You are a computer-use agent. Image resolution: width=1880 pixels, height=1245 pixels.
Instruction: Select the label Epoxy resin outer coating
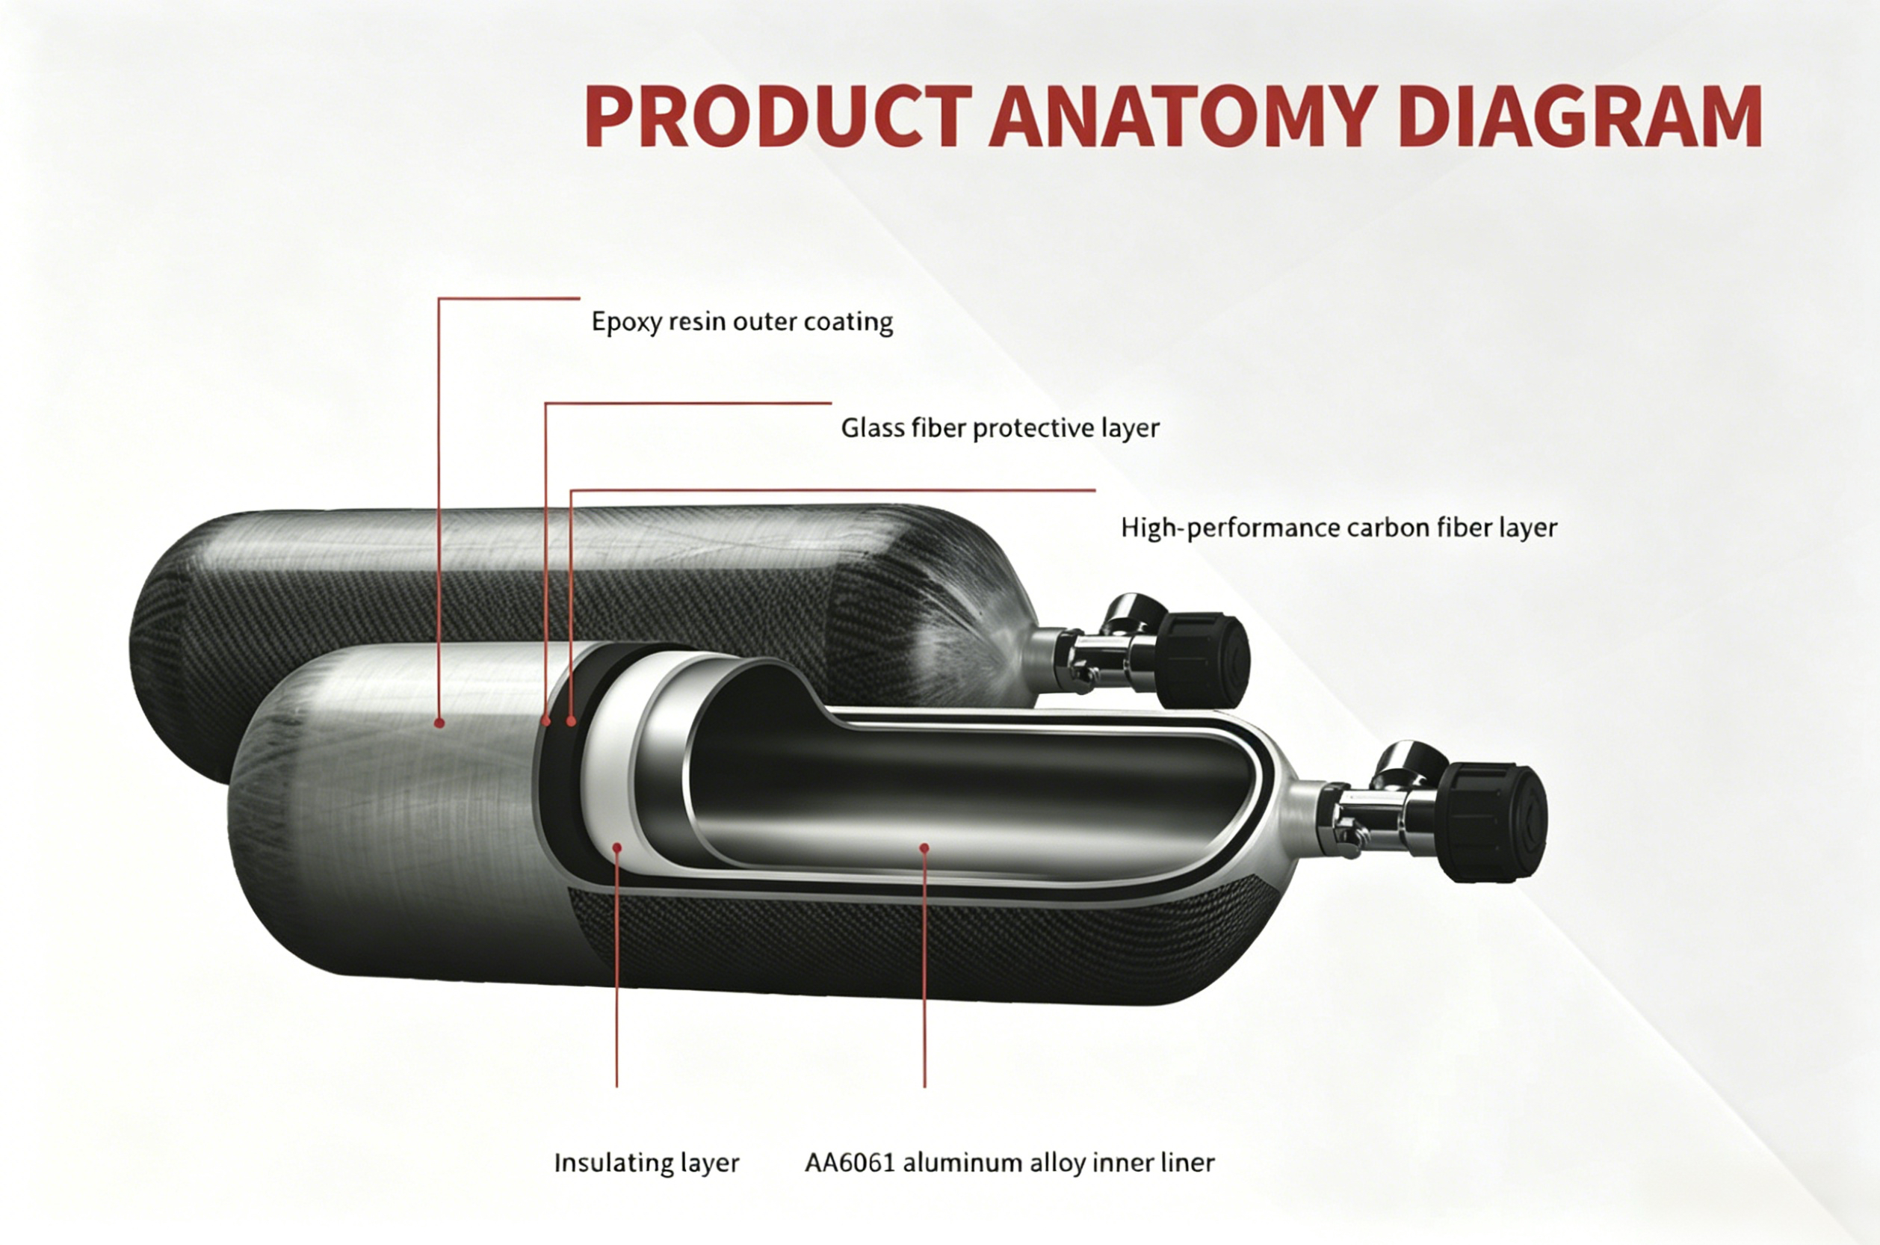[742, 322]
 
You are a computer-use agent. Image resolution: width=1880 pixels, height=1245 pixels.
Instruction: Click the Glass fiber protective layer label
[1001, 429]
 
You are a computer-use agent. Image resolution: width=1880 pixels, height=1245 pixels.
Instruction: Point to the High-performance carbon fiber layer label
[1339, 528]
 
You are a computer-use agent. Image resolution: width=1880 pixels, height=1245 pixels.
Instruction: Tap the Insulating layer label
[646, 1164]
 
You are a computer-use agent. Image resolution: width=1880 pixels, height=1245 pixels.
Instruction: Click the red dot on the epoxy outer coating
[438, 723]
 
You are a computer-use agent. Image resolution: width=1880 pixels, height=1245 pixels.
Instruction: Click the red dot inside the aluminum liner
[924, 848]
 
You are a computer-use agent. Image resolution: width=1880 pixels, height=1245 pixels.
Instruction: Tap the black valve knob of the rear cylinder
[1203, 659]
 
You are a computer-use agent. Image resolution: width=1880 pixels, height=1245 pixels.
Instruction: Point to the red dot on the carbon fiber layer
[572, 721]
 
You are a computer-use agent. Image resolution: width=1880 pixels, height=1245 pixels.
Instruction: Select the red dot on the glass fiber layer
[545, 721]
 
